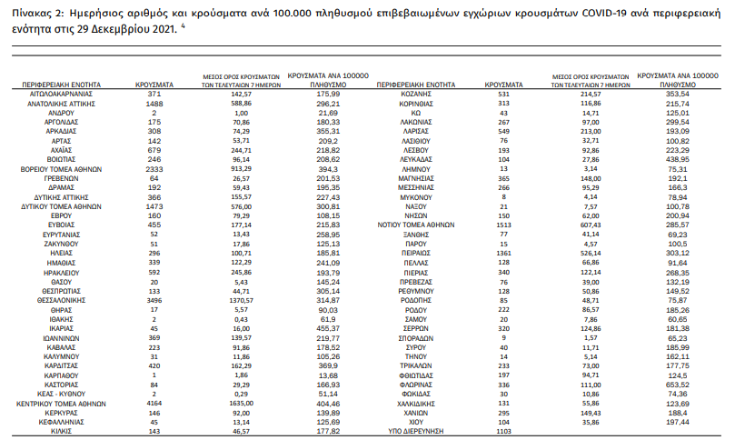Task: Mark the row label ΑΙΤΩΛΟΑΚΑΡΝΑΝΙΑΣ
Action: [64, 94]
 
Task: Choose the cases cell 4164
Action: [154, 400]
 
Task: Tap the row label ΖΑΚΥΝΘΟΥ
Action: [64, 245]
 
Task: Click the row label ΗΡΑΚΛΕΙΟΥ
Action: [64, 272]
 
